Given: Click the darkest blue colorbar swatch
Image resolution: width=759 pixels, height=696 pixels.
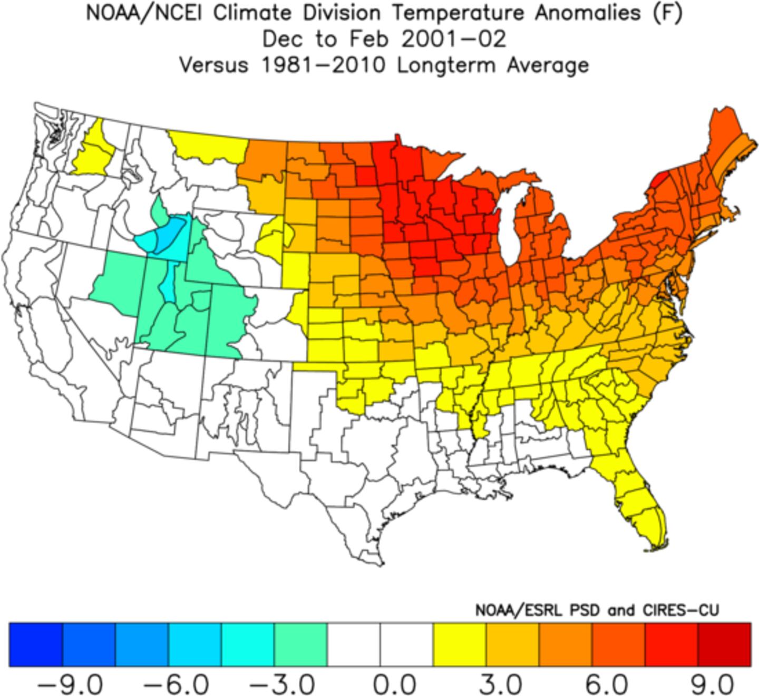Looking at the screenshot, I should (36, 645).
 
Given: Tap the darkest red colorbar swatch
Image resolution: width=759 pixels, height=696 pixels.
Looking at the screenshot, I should (724, 645).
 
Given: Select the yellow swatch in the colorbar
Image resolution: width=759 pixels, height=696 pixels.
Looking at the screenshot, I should (459, 645).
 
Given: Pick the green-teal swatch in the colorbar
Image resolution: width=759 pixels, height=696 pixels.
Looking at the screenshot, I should (300, 645).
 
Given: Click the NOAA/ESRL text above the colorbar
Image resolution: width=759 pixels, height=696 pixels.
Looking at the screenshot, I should (522, 611).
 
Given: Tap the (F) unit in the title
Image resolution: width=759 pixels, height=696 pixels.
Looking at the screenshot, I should (667, 13).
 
